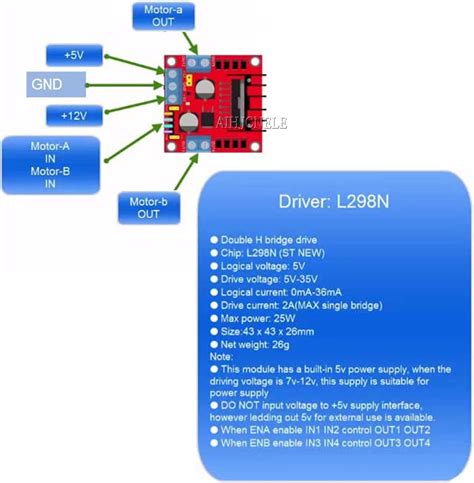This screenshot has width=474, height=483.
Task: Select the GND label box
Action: [x=58, y=85]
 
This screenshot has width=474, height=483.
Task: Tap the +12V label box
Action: [x=73, y=115]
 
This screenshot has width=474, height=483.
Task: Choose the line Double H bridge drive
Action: [x=273, y=241]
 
